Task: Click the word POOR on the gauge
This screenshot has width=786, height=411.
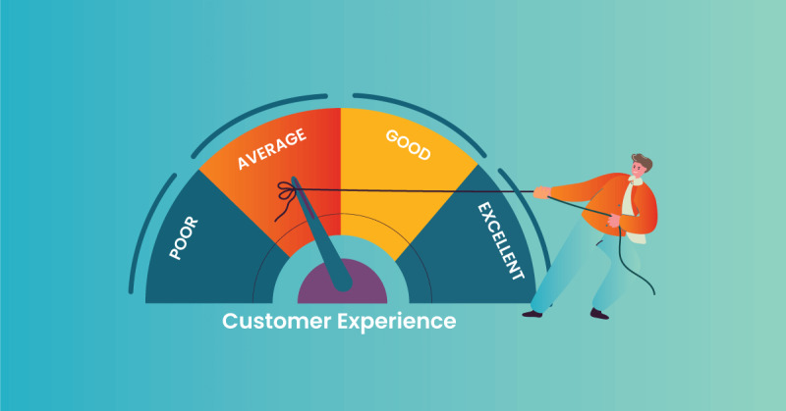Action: pyautogui.click(x=184, y=238)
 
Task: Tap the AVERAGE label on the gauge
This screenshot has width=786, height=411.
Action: pyautogui.click(x=272, y=149)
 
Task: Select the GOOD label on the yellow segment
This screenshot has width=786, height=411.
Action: pyautogui.click(x=408, y=144)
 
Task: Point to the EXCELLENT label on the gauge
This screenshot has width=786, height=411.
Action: pyautogui.click(x=500, y=240)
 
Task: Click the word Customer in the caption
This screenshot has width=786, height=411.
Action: pyautogui.click(x=277, y=321)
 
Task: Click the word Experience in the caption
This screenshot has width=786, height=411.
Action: pyautogui.click(x=397, y=322)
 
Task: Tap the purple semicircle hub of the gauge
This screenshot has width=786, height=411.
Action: pyautogui.click(x=342, y=282)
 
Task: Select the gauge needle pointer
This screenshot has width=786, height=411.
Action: pyautogui.click(x=322, y=234)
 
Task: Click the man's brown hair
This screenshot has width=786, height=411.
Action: pyautogui.click(x=644, y=162)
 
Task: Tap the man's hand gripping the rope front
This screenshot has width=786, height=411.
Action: pyautogui.click(x=541, y=192)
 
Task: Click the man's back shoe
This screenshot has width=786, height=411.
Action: pyautogui.click(x=599, y=314)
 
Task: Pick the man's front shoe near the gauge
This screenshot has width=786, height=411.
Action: pyautogui.click(x=532, y=314)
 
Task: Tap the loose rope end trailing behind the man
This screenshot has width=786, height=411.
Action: pyautogui.click(x=632, y=265)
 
